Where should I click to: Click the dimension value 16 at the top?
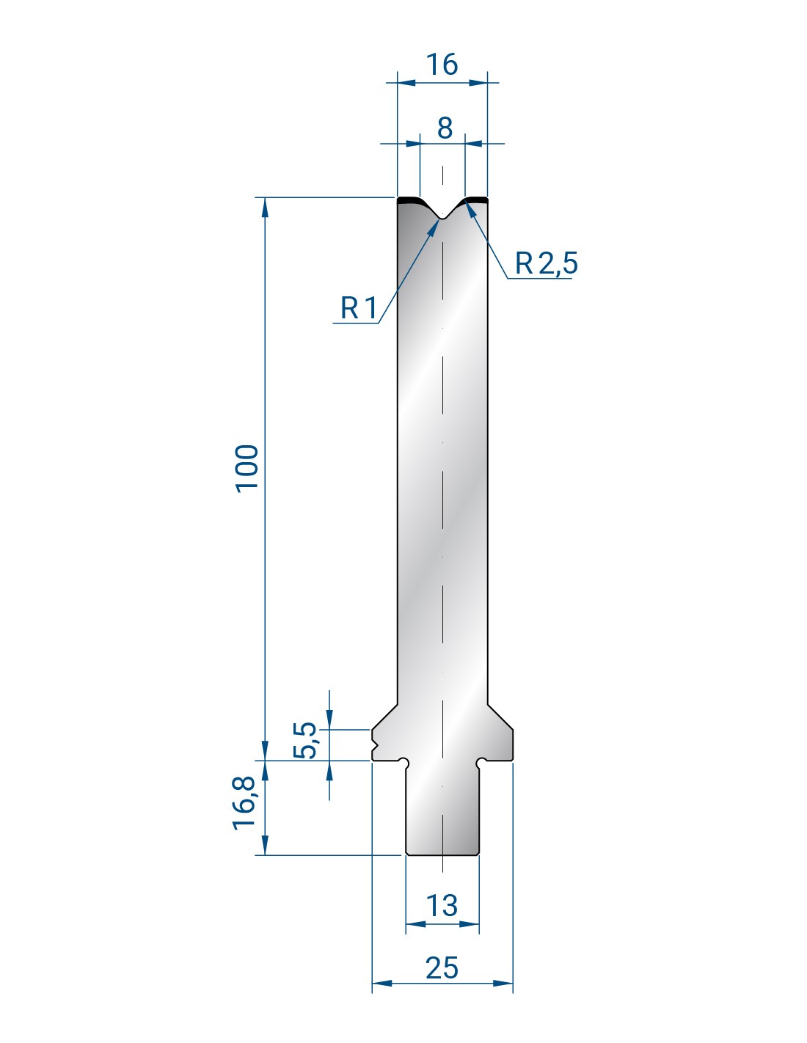click(x=442, y=65)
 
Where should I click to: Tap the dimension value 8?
click(x=445, y=128)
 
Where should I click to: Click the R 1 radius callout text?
click(x=359, y=307)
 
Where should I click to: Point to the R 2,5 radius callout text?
click(x=547, y=263)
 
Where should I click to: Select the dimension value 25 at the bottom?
click(x=442, y=967)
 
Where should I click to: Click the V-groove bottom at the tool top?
click(x=442, y=219)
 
